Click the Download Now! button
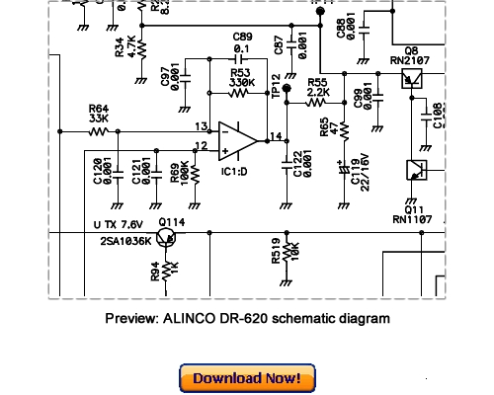coord(246,378)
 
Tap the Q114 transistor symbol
coord(170,238)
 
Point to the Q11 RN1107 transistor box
coord(415,169)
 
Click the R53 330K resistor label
coord(240,78)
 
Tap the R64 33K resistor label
coord(98,114)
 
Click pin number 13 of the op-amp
coord(202,126)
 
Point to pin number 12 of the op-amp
coord(201,146)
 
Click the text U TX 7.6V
coord(118,225)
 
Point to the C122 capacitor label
coord(300,167)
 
